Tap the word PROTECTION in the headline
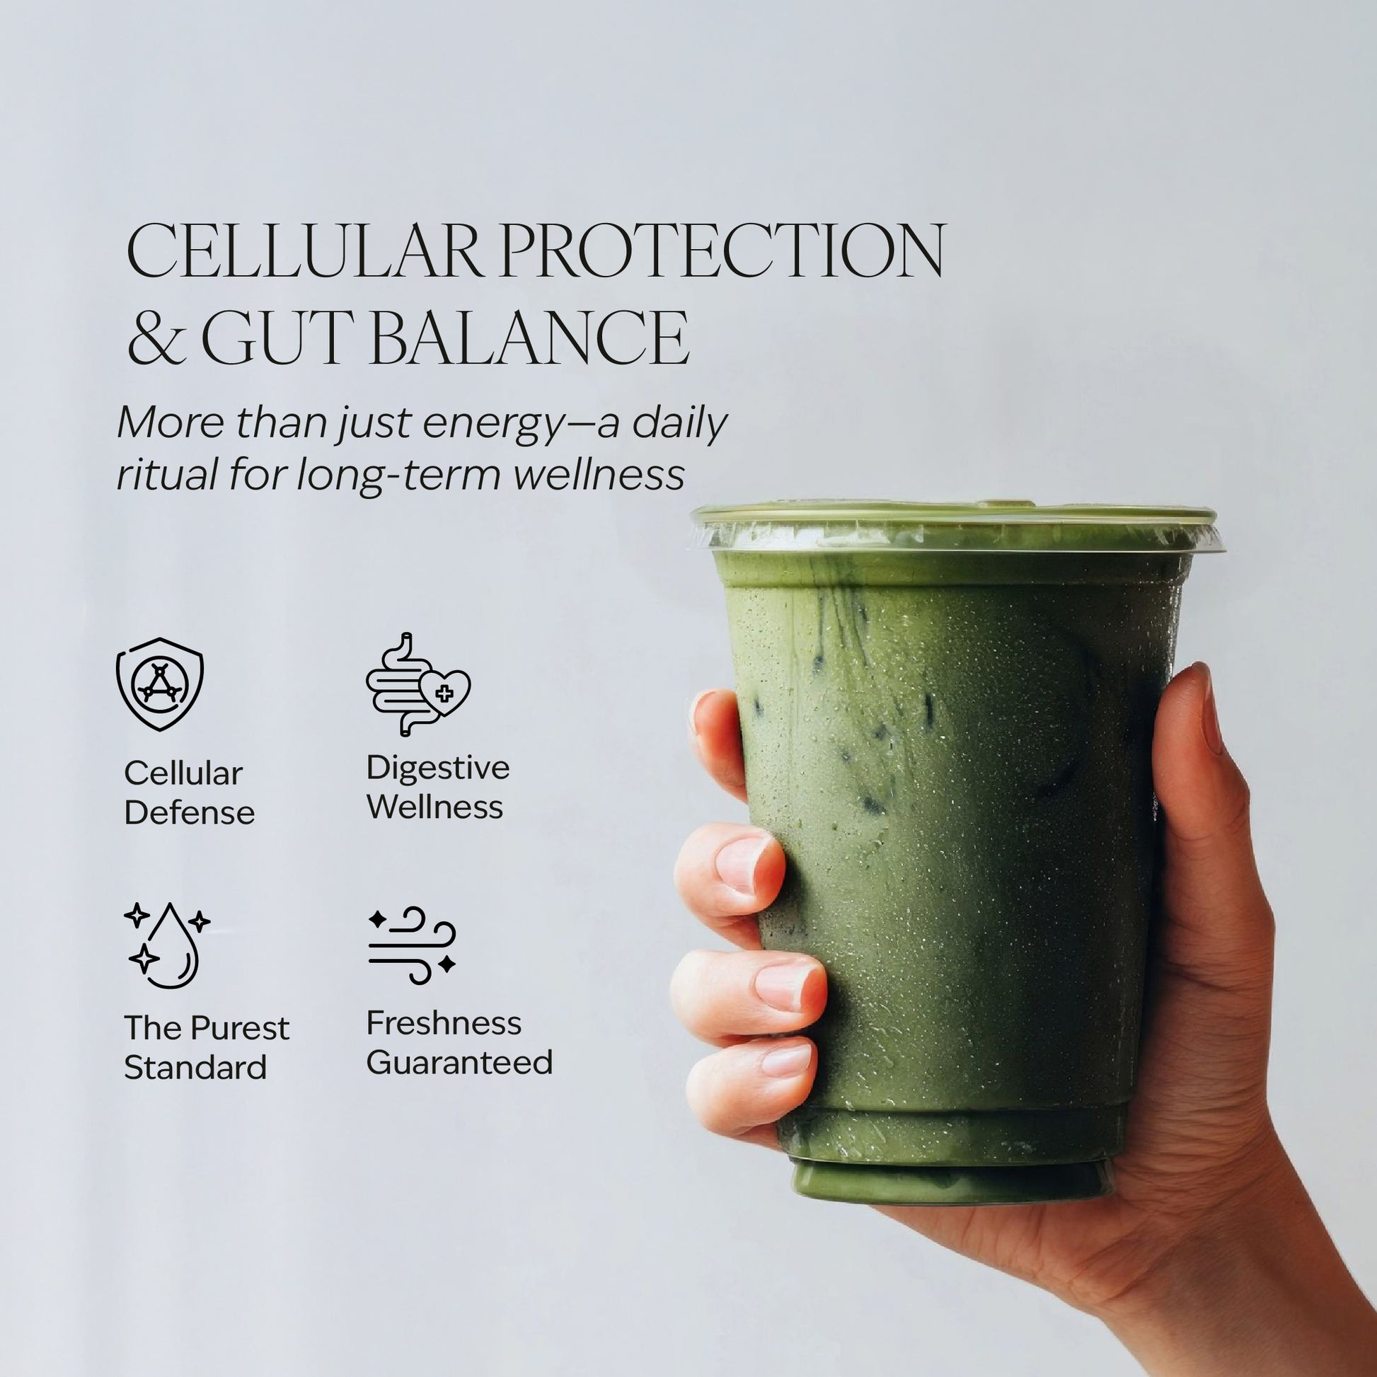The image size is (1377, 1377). pos(718,250)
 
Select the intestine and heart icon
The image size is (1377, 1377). pos(418,684)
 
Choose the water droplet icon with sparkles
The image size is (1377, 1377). pos(167,945)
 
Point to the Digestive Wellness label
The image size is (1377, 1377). pos(438,787)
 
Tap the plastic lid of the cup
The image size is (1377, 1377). pos(956,527)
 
